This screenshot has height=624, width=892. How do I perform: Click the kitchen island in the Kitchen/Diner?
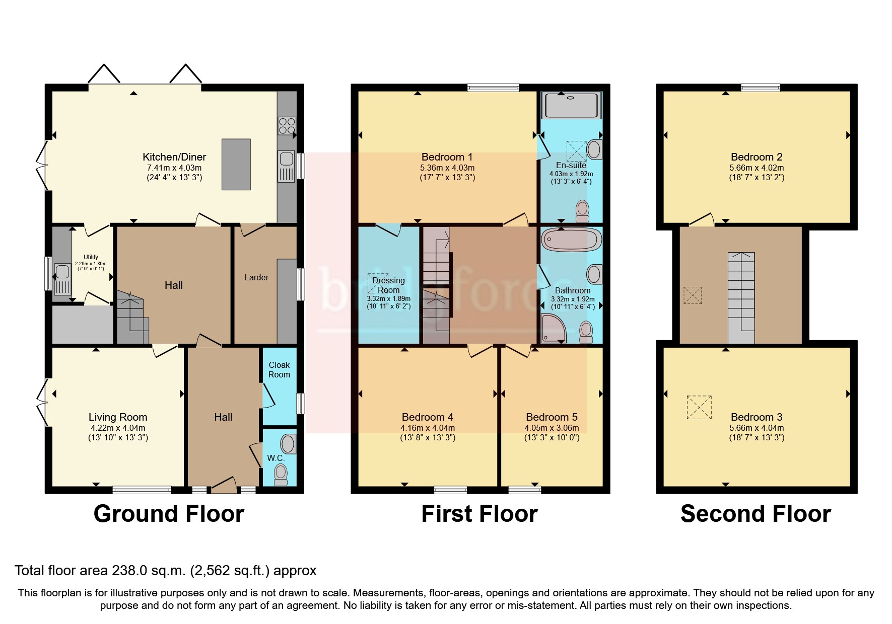tap(236, 165)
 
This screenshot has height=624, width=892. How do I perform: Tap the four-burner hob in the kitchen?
tap(287, 125)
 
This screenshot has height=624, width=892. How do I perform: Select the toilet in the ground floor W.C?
tap(281, 475)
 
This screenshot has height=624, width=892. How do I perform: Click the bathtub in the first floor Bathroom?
tap(571, 240)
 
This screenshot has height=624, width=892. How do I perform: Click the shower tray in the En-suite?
tap(571, 105)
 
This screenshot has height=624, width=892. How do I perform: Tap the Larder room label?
tap(256, 277)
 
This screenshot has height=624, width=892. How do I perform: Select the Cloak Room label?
tap(279, 370)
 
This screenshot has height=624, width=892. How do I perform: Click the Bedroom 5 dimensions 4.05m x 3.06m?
tap(552, 428)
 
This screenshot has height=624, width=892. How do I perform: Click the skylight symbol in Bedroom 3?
tap(700, 407)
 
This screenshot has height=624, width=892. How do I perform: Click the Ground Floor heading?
tap(169, 514)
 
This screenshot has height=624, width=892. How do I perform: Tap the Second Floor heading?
tap(755, 514)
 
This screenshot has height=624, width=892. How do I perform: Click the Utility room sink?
tap(62, 272)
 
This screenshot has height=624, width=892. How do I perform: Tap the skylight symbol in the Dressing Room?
tap(377, 283)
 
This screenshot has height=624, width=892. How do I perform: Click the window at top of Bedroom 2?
tap(760, 88)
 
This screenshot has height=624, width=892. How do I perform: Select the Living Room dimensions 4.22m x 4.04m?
tap(118, 428)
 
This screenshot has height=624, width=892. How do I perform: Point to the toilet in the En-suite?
tap(582, 210)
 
